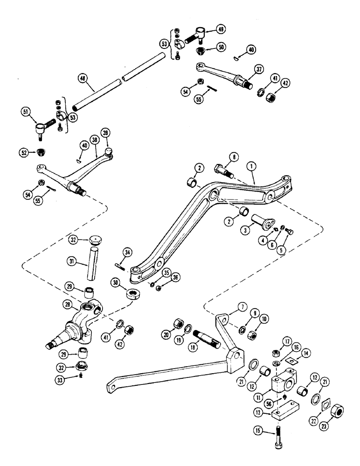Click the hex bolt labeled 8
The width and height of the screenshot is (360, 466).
(222, 170)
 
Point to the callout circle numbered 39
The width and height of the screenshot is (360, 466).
(107, 133)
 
